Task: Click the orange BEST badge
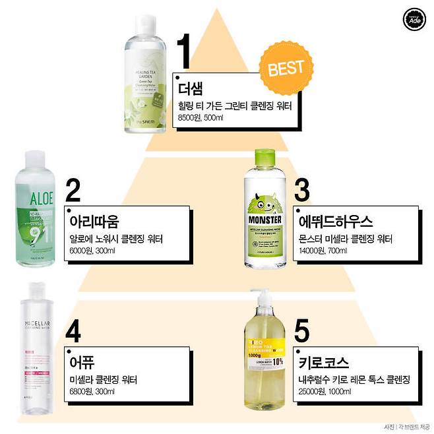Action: [x=286, y=67]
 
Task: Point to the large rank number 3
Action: [x=301, y=189]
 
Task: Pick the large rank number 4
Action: [x=73, y=332]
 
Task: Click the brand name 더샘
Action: [x=192, y=88]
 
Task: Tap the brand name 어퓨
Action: [x=82, y=362]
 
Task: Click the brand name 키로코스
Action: [x=323, y=363]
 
